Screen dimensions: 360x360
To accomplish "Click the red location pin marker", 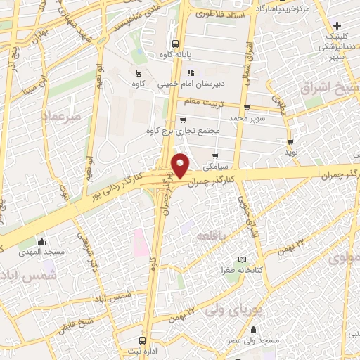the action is pyautogui.click(x=182, y=165).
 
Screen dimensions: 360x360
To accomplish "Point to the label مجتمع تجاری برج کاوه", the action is pyautogui.click(x=184, y=130).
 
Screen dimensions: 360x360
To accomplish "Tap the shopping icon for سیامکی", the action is pyautogui.click(x=215, y=155).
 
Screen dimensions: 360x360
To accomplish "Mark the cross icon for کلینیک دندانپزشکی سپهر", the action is pyautogui.click(x=337, y=26).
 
